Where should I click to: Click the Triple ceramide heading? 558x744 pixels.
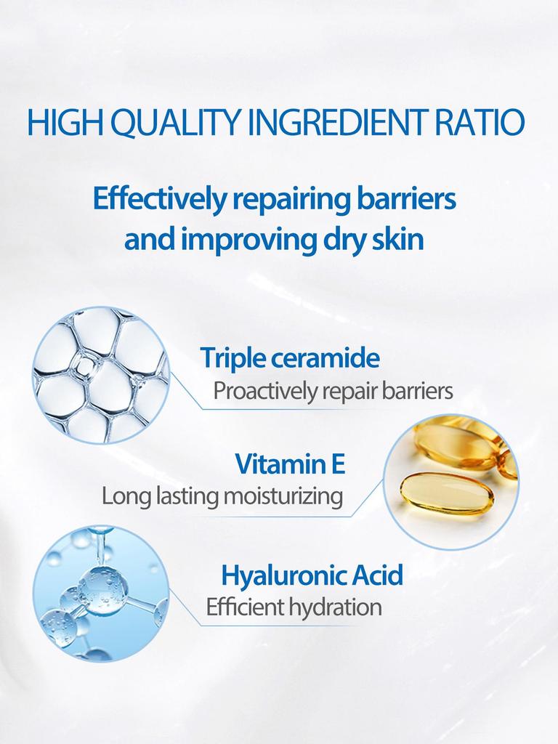(x=290, y=357)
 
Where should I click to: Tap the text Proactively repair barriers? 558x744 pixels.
(x=333, y=392)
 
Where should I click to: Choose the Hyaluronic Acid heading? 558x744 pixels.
(x=312, y=575)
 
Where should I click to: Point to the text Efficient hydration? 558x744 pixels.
(x=294, y=607)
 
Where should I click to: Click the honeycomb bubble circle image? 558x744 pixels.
(x=101, y=375)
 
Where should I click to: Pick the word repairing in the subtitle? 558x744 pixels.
(x=286, y=200)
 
